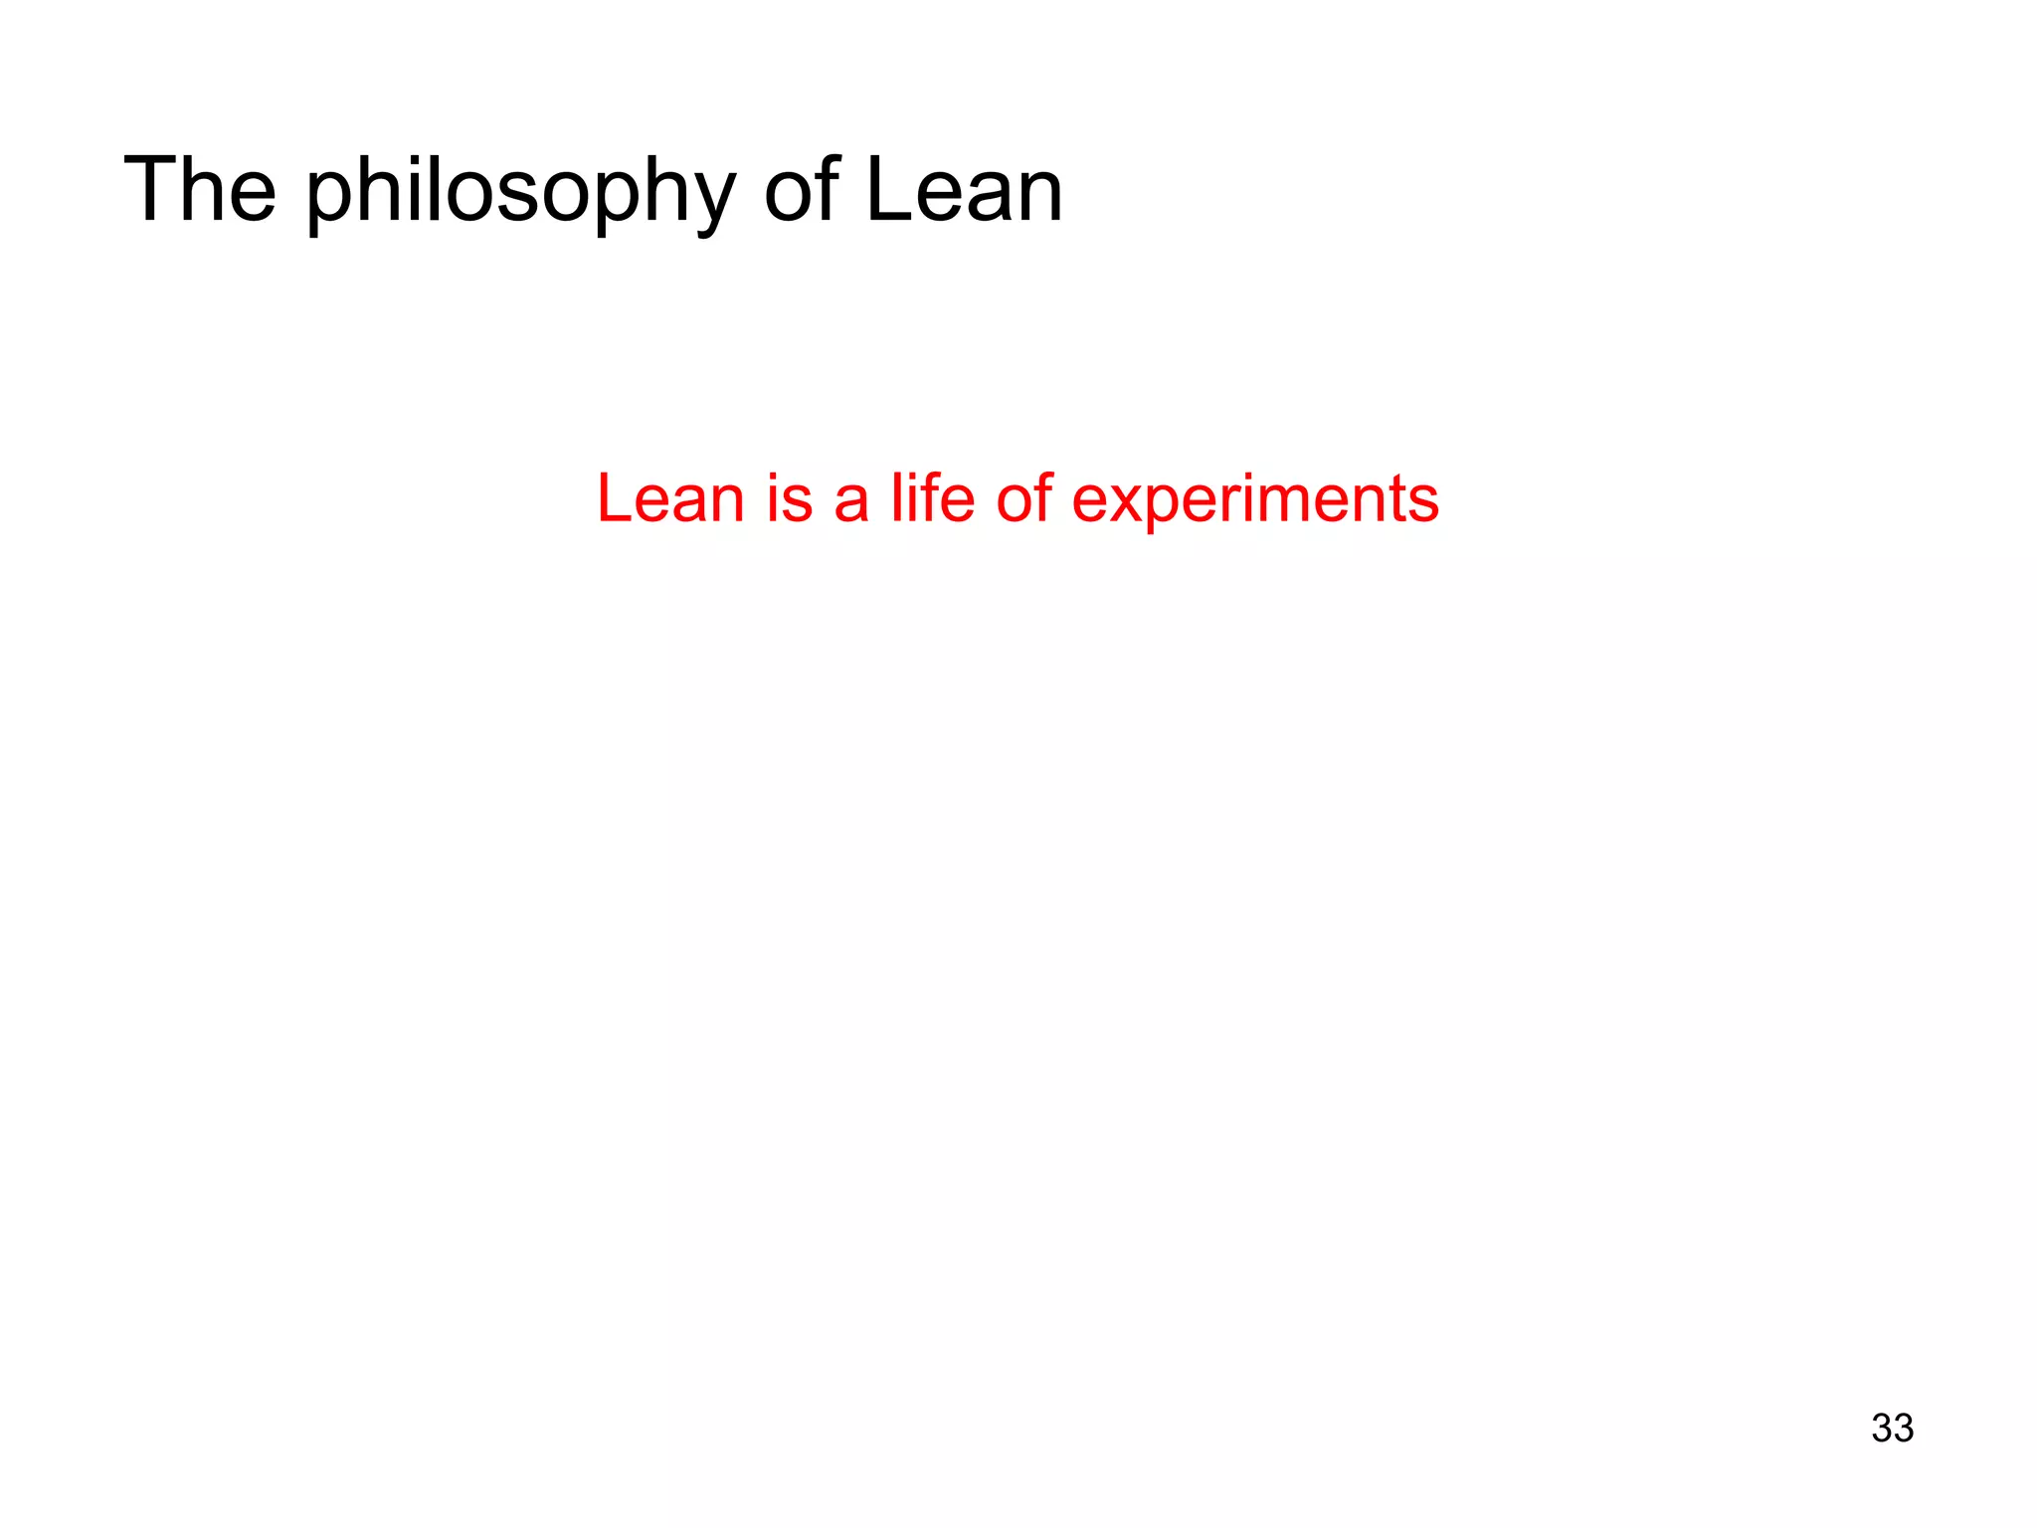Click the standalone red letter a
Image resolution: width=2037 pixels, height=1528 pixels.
851,500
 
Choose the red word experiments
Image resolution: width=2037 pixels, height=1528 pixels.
1255,500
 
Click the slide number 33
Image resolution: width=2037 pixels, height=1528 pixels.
1892,1428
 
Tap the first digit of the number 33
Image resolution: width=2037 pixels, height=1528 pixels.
1882,1428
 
